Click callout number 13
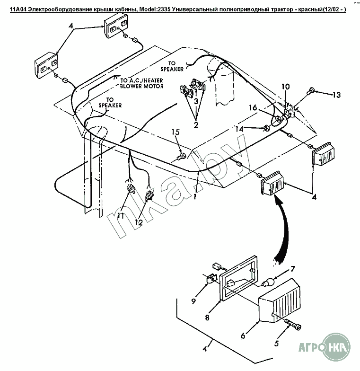(336, 95)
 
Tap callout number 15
(176, 133)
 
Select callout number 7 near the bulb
(293, 269)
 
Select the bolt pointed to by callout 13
(311, 90)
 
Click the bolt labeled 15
(181, 155)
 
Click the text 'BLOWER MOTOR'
(141, 87)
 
